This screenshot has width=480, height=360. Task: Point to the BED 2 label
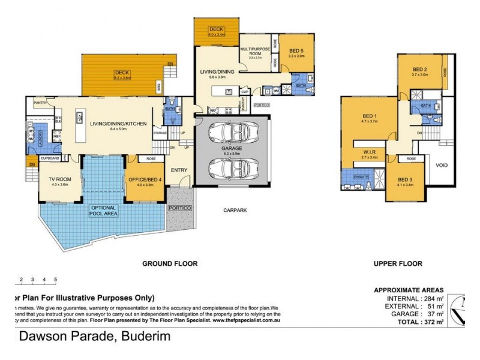pos(419,69)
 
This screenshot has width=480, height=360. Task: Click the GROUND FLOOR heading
pos(170,263)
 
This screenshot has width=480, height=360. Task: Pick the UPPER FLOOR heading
pos(398,263)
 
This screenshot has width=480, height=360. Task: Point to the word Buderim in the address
pos(146,337)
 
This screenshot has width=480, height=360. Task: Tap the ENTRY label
pos(179,170)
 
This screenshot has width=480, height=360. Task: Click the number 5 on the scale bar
pos(55,280)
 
